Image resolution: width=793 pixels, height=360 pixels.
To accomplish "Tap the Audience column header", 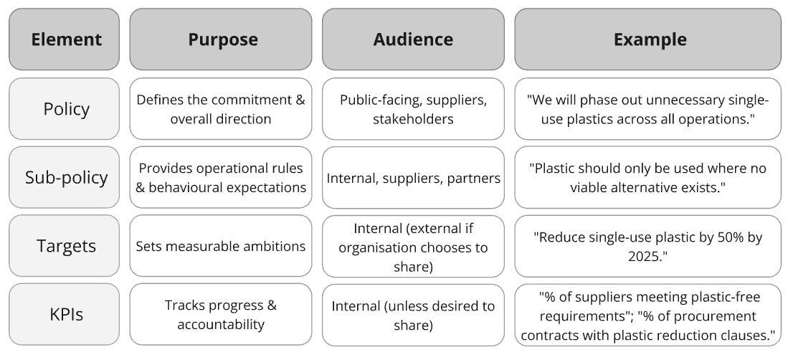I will click(413, 39).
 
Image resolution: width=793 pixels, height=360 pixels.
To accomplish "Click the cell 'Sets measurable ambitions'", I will click(221, 246).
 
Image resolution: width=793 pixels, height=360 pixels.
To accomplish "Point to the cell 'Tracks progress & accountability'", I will click(221, 314).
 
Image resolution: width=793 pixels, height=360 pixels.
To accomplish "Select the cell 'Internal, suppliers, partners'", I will click(413, 178).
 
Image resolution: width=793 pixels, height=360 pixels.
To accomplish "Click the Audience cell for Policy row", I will click(413, 109).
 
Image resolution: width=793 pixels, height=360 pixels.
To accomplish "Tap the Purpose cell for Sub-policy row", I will click(221, 178).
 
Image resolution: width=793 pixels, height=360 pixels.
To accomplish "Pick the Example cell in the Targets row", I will click(647, 246).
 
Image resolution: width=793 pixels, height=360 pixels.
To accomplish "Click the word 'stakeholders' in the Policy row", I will click(413, 118).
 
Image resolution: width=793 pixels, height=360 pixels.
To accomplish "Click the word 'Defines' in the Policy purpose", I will click(158, 100).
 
